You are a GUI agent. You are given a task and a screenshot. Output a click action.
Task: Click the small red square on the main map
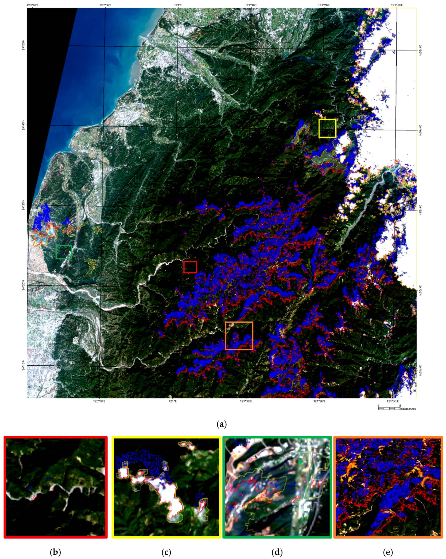(190, 267)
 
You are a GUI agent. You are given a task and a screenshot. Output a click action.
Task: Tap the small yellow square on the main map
(327, 128)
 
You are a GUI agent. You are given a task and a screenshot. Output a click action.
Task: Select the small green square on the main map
(64, 252)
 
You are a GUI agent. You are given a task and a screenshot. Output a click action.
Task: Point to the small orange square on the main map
(239, 336)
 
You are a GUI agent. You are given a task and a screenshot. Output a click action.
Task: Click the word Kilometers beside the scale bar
(408, 409)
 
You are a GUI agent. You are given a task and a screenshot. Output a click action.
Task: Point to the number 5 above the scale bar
(400, 405)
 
